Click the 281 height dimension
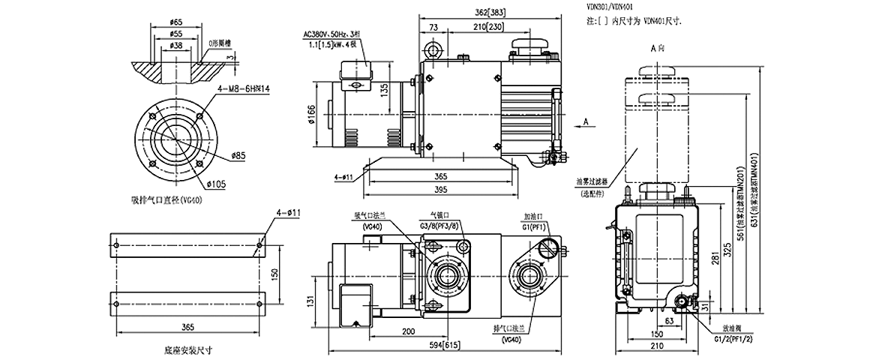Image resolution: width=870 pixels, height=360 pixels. coord(717,259)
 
